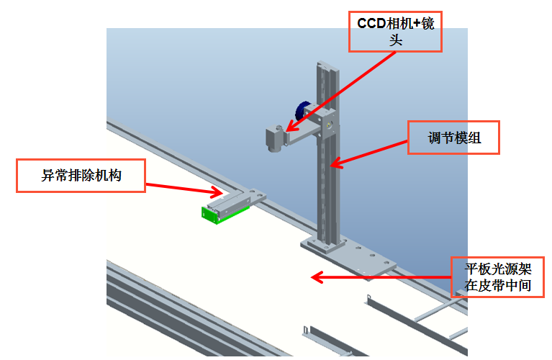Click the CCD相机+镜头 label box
[394, 32]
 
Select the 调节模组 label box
[453, 137]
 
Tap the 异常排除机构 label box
[81, 175]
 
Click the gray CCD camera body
[274, 137]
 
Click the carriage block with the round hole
[327, 124]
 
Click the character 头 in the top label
[394, 40]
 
